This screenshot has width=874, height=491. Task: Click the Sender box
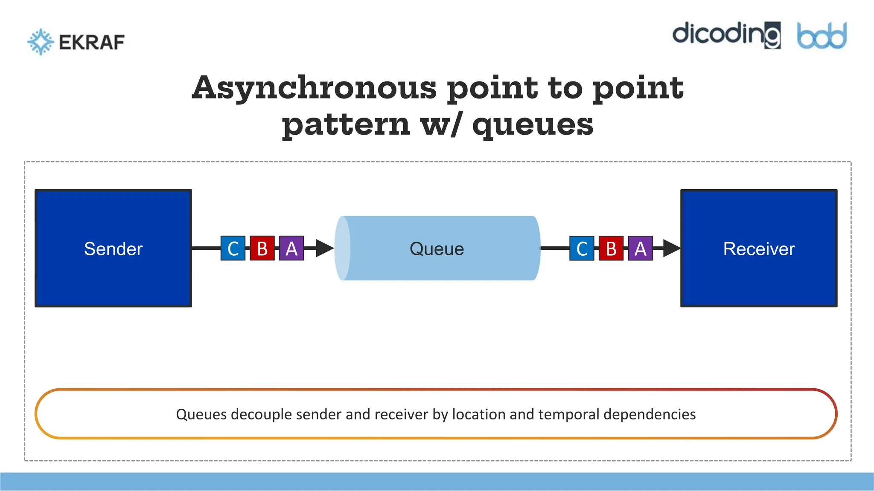tap(113, 248)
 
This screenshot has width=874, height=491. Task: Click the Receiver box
tap(759, 248)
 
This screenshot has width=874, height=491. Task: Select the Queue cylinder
tap(437, 248)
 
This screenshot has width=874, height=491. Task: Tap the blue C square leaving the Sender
tap(233, 248)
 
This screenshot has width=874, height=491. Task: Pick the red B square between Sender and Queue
tap(262, 248)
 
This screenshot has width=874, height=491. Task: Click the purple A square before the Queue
tap(291, 248)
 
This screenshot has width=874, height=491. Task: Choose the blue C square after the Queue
tap(582, 248)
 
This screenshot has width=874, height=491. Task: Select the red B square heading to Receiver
tap(611, 248)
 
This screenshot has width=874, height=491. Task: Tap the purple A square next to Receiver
tap(640, 248)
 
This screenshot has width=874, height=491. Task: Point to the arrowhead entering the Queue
tap(325, 248)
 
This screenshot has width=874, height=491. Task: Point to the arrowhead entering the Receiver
tap(672, 248)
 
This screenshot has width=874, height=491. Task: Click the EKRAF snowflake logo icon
tap(41, 42)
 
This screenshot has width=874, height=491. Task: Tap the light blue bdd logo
tap(822, 36)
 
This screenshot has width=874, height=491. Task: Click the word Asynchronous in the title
tap(314, 88)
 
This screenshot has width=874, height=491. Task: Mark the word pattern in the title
tap(346, 124)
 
